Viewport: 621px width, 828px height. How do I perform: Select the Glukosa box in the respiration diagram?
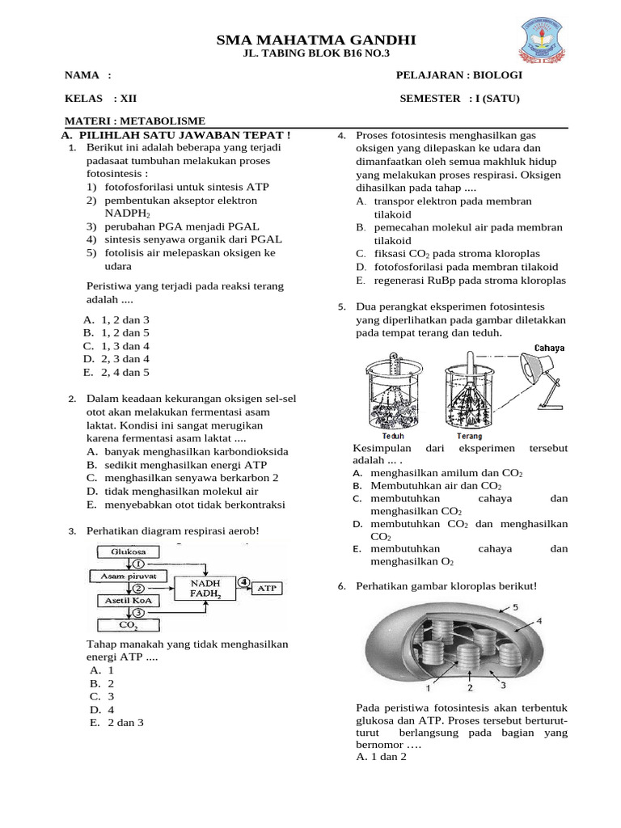point(116,551)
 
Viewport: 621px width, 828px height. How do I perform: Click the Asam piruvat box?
point(127,576)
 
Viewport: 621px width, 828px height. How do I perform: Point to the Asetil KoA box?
point(117,601)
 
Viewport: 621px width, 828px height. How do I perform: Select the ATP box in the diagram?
point(266,588)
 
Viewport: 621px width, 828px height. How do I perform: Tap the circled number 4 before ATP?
point(243,582)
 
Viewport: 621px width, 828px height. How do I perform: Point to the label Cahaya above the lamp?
point(549,349)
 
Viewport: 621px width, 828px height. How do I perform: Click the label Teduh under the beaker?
point(391,436)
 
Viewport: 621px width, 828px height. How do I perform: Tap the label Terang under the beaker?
point(470,436)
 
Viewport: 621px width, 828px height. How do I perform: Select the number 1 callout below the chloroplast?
point(428,688)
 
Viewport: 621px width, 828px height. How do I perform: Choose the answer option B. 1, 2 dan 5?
point(116,332)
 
